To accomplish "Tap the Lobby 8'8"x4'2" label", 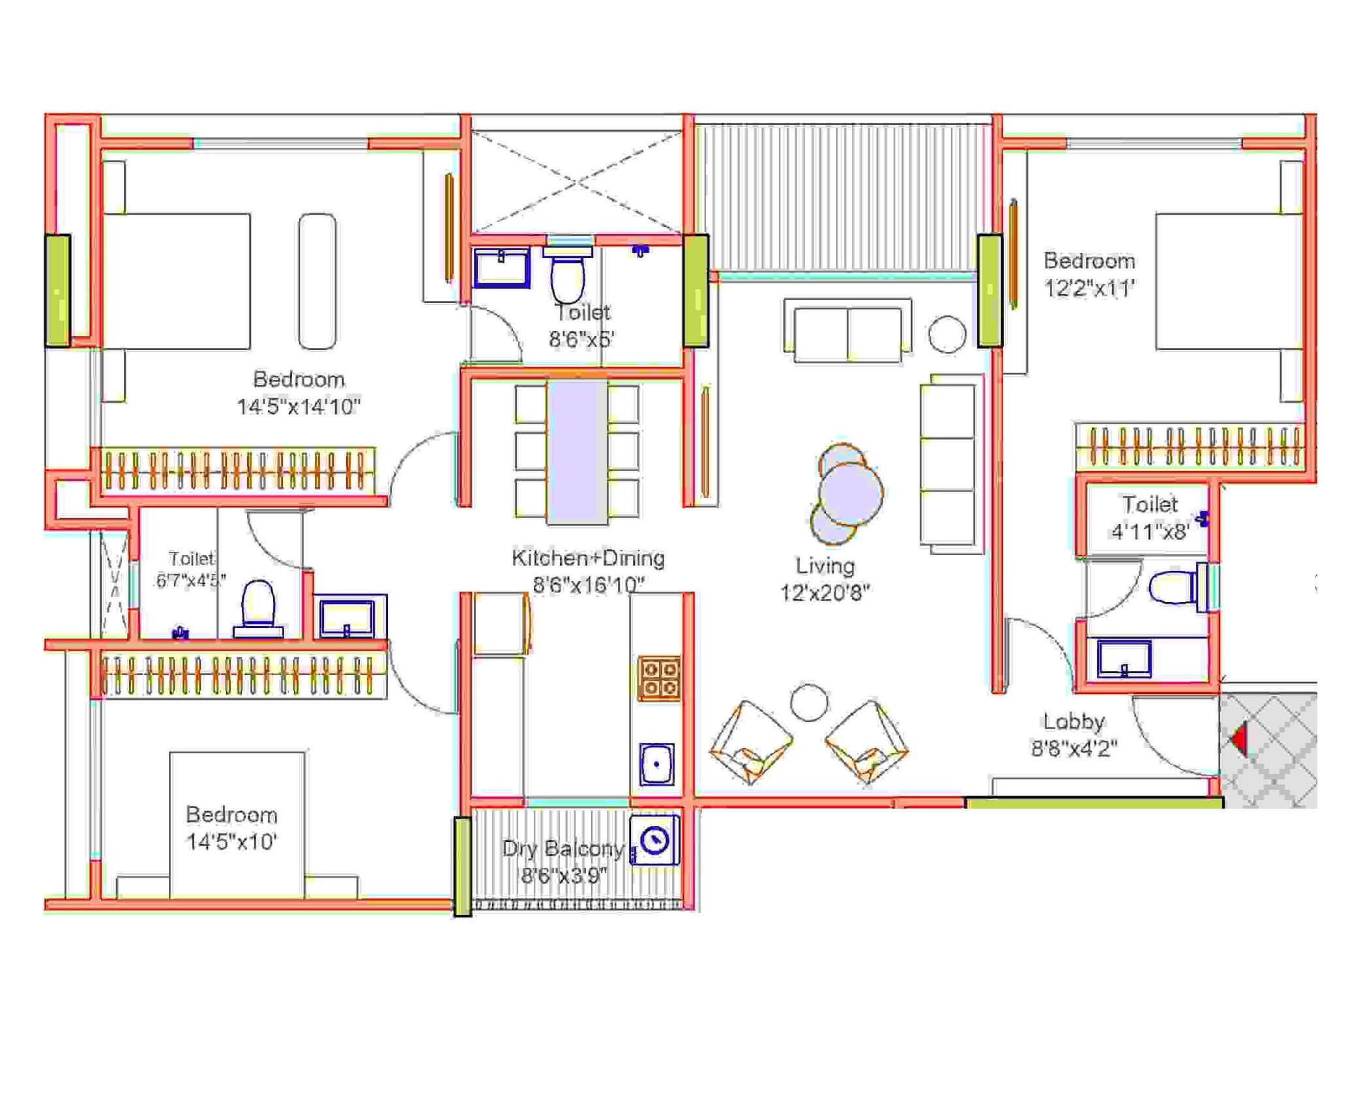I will coord(1074,735).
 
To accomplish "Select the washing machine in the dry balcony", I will coord(655,841).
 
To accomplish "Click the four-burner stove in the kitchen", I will coord(659,678).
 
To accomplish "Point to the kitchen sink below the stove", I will coord(656,764).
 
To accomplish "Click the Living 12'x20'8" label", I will coord(825,579).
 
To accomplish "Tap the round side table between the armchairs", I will coord(809,702).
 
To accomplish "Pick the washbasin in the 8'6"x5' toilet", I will coord(502,267).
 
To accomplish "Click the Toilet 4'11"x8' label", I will coord(1150,517).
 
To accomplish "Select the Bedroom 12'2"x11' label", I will coord(1089,274).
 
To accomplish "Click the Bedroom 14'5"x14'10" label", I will coord(299,393).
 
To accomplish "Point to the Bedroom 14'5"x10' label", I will coord(231,828).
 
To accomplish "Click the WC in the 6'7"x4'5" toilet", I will coord(258,607).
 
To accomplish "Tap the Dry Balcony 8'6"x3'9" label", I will coord(563,861).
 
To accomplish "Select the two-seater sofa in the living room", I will coord(847,331).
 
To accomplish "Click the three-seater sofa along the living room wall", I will coord(948,464).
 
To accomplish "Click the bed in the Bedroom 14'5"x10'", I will coord(237,824).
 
